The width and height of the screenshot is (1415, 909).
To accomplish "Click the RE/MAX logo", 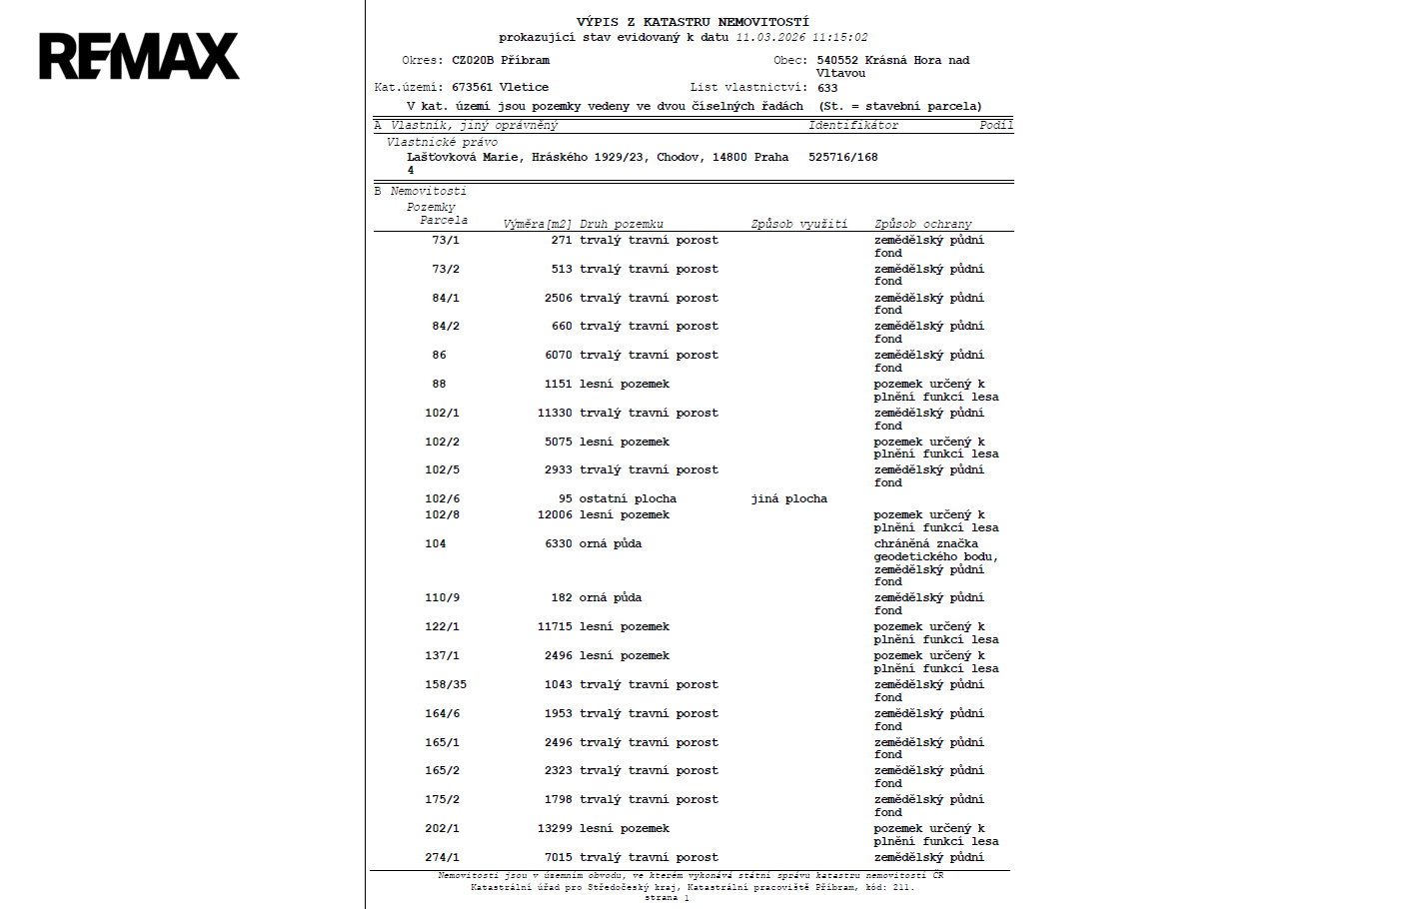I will (139, 56).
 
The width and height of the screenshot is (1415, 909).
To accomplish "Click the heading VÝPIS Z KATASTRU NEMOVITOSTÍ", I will (693, 22).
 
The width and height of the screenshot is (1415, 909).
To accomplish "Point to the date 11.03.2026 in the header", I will (769, 38).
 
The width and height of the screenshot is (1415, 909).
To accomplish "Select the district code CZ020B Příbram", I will (500, 60).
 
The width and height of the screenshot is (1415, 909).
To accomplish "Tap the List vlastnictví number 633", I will (827, 88).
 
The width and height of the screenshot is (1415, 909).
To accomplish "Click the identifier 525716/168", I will (842, 157).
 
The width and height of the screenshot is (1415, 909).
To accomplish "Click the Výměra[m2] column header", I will (537, 224).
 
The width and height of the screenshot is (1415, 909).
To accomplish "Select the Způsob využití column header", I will (798, 224).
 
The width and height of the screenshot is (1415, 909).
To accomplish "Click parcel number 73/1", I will (446, 240).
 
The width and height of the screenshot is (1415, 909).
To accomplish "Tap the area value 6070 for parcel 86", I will (558, 355).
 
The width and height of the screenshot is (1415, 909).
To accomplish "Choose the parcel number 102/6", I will (442, 498).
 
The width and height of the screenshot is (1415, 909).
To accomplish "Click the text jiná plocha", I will (788, 498).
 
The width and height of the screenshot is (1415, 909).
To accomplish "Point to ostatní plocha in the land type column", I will (627, 498).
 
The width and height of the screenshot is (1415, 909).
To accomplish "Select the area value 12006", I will (555, 514).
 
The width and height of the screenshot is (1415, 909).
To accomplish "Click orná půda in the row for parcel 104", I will (610, 543).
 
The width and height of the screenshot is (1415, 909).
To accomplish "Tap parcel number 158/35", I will (445, 684).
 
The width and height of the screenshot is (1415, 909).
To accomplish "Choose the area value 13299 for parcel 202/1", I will (555, 828).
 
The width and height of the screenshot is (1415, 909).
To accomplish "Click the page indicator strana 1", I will (667, 898).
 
